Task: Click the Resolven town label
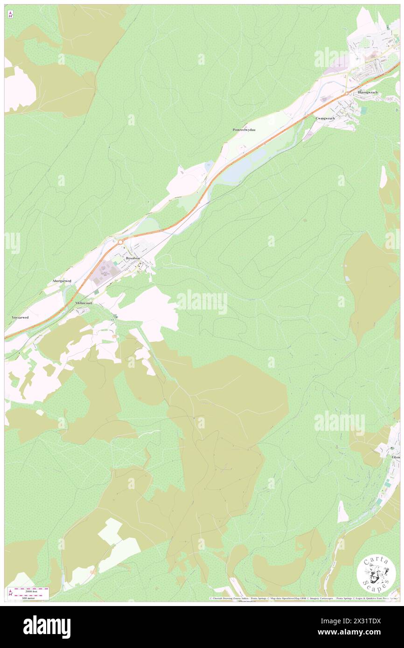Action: click(132, 258)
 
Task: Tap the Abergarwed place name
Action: click(62, 282)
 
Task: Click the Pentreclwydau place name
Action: click(247, 130)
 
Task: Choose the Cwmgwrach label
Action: click(325, 118)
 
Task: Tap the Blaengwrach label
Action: click(368, 92)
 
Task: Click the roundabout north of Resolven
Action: click(120, 242)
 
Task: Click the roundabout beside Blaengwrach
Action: click(348, 93)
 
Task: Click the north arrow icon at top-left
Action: click(10, 15)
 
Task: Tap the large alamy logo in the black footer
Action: click(47, 627)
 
